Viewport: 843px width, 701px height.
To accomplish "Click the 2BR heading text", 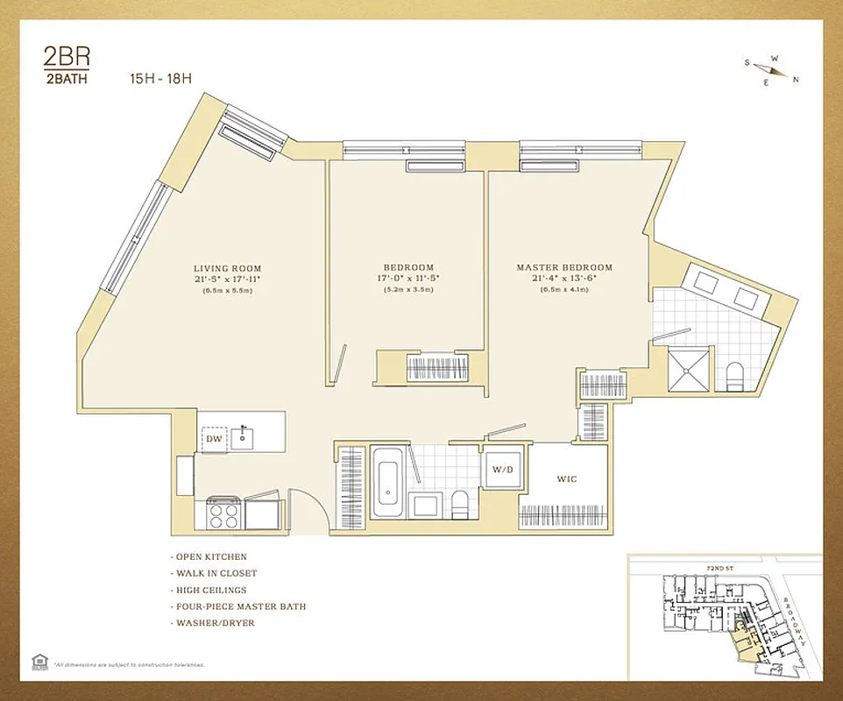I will tap(67, 58).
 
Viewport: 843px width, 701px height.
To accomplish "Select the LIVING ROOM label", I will tap(227, 268).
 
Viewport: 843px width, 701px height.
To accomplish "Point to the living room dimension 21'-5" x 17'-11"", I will tap(227, 279).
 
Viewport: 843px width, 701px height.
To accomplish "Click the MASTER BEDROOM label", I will tap(563, 267).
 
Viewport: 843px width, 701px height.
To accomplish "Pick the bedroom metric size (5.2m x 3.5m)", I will tap(407, 290).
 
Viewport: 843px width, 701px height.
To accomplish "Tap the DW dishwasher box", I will tap(215, 438).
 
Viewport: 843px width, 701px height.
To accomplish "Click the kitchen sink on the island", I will tap(243, 437).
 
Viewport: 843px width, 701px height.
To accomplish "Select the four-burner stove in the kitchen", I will tap(224, 513).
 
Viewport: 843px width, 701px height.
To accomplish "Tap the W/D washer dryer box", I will tap(503, 469).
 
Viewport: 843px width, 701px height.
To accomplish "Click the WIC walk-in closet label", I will tap(568, 479).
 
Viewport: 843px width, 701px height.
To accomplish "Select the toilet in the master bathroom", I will tap(735, 375).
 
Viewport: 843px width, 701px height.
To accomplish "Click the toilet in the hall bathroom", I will tap(458, 504).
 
